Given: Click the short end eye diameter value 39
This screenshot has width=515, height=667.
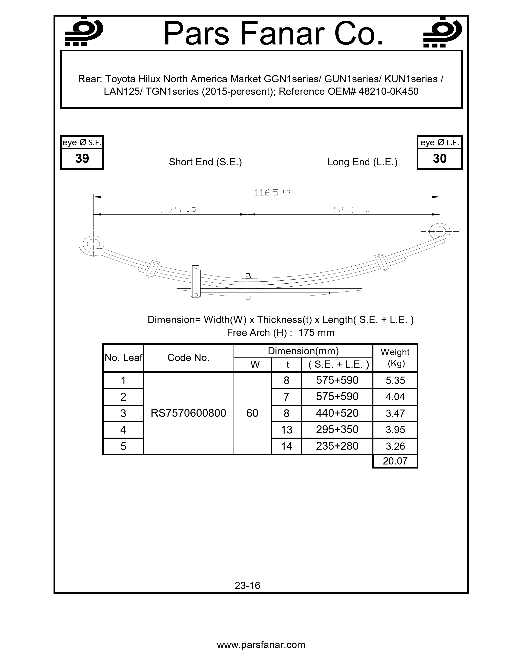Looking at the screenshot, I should pos(82,158).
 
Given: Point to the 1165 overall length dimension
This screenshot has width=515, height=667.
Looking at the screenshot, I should pos(267,192).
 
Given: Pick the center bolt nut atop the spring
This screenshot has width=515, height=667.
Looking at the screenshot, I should pos(248,276).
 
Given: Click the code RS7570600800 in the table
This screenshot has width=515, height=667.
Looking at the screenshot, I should pos(188,413).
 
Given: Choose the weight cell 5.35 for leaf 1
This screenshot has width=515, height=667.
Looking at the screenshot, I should pos(395,381).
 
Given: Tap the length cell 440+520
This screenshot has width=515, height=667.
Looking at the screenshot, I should pos(337,413).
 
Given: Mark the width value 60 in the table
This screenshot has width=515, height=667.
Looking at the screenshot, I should pos(252,413).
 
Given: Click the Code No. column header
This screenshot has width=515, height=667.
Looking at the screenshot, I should pos(188,358).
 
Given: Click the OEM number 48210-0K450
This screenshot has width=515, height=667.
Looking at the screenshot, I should pos(388,92).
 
